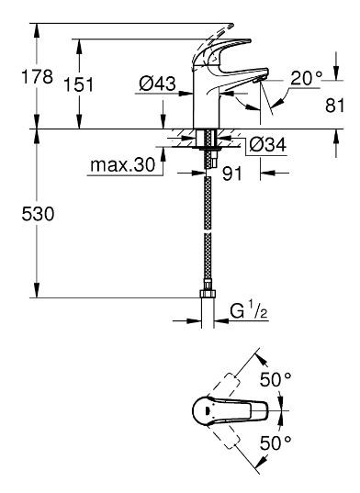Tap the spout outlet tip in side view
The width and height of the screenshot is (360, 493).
[x=259, y=84]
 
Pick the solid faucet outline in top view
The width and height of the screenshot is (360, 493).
[x=230, y=411]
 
